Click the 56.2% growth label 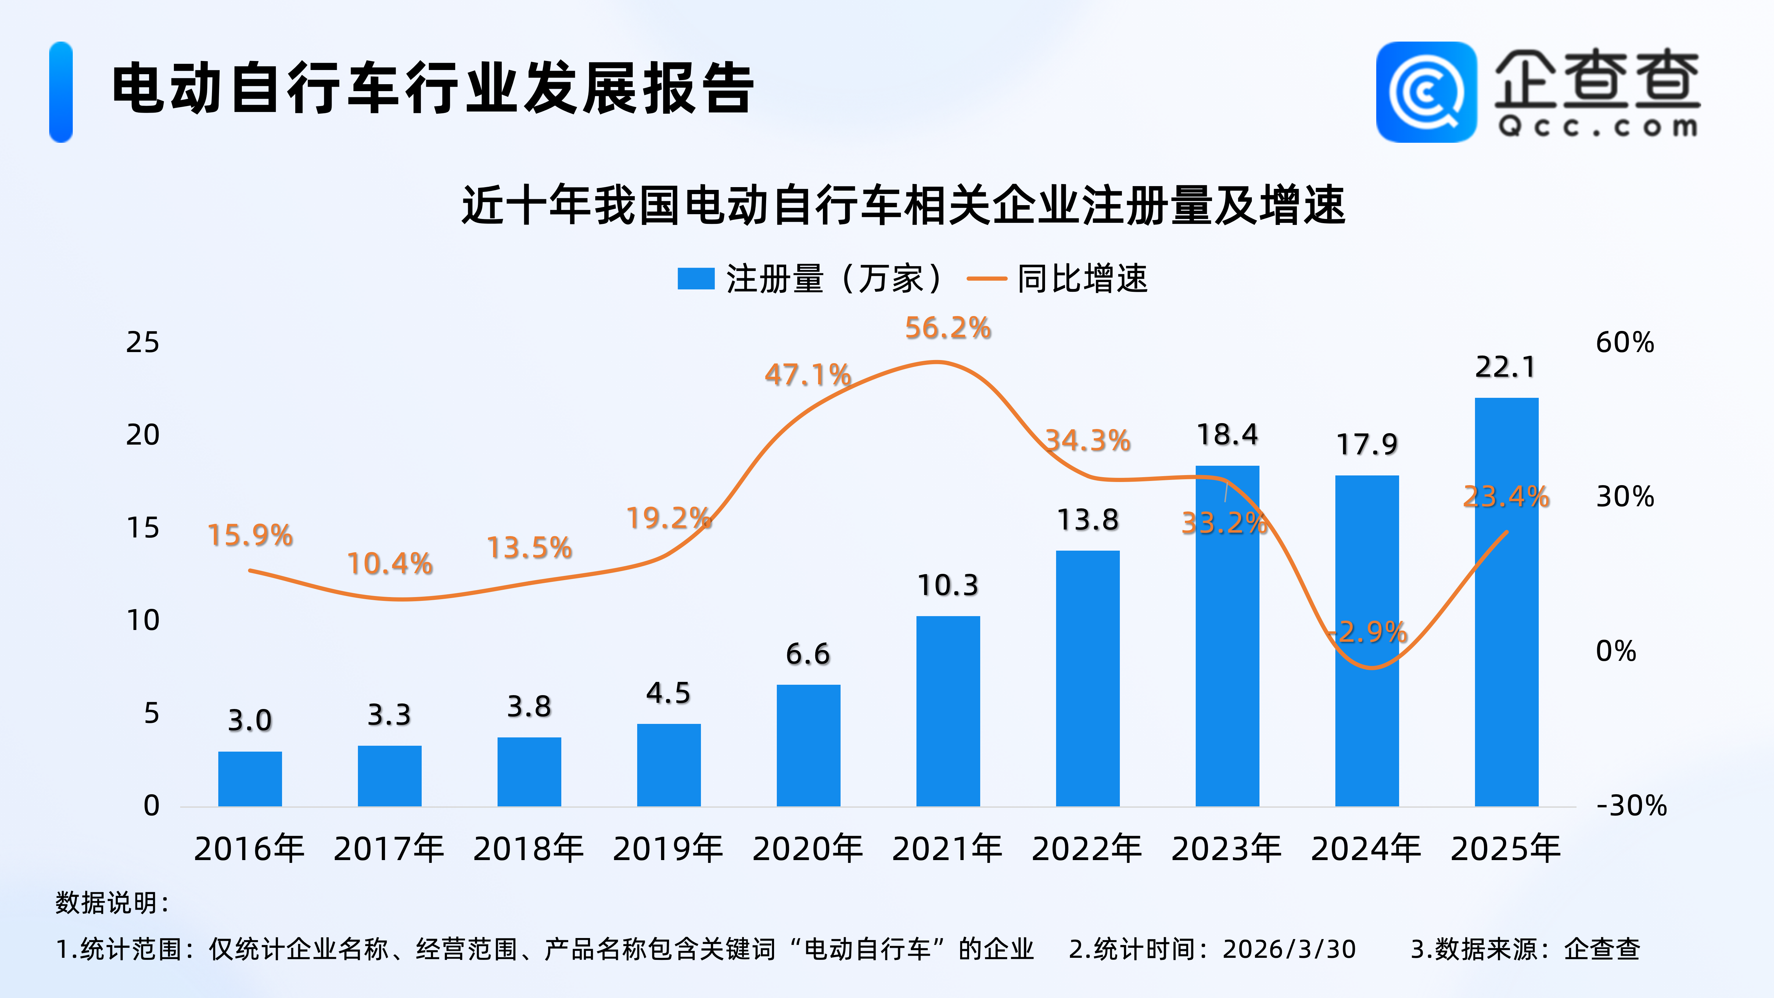(948, 328)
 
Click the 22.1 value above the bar (1505, 367)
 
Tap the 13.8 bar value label (1087, 520)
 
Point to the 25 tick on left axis (142, 342)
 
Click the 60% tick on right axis (1625, 342)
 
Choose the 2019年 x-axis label (668, 849)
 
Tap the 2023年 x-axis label (1227, 849)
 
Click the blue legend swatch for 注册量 (695, 279)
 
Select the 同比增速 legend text (1082, 279)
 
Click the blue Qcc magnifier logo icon (1426, 92)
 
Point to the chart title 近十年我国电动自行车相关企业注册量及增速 (903, 205)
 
